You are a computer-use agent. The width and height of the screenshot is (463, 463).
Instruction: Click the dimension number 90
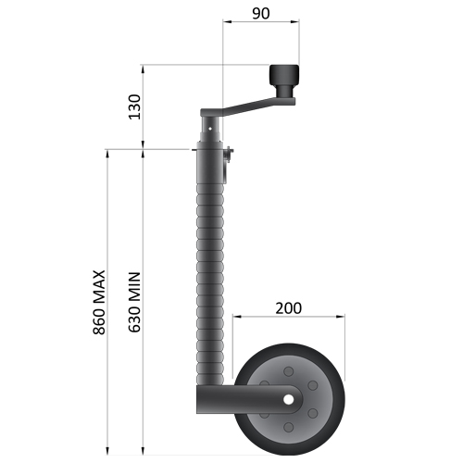(260, 14)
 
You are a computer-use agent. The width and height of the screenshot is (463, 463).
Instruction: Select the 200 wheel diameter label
(290, 307)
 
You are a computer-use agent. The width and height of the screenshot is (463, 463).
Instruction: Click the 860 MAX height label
(100, 303)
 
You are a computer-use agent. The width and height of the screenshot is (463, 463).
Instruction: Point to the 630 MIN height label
(134, 303)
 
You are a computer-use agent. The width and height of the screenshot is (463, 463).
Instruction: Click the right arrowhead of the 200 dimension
(344, 317)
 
